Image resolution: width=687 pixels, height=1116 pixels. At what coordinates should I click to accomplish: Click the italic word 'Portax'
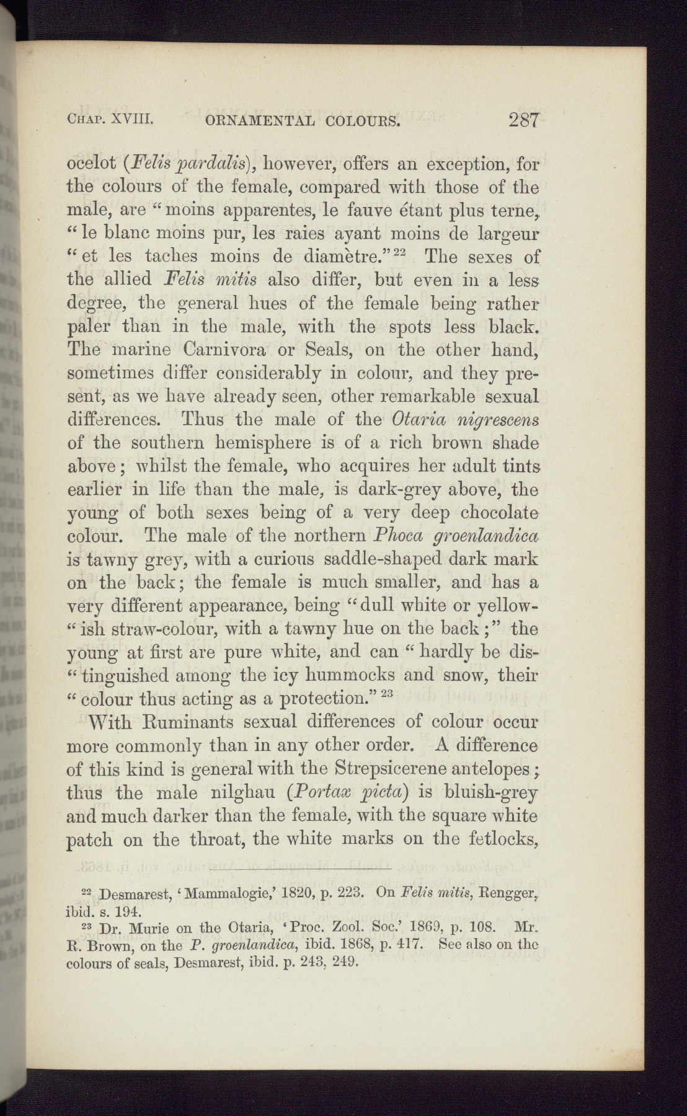coord(331,794)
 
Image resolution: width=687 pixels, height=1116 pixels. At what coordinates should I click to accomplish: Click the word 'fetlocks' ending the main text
coord(496,839)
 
